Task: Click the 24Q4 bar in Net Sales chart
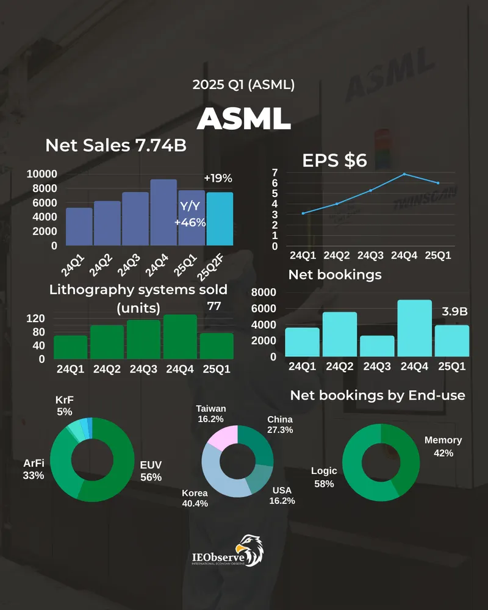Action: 163,212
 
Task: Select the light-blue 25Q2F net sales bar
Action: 219,218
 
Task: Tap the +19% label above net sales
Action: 218,179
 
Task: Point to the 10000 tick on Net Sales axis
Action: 42,174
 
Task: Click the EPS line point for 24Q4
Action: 404,174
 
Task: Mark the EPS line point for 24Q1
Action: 303,213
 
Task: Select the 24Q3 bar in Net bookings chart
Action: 377,346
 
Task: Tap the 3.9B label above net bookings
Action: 454,312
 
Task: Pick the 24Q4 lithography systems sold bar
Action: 180,336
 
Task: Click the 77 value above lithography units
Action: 214,306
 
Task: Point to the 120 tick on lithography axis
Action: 36,318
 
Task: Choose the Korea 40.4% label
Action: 195,498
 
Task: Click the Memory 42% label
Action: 443,447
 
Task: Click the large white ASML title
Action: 244,118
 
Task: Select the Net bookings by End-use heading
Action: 378,396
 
